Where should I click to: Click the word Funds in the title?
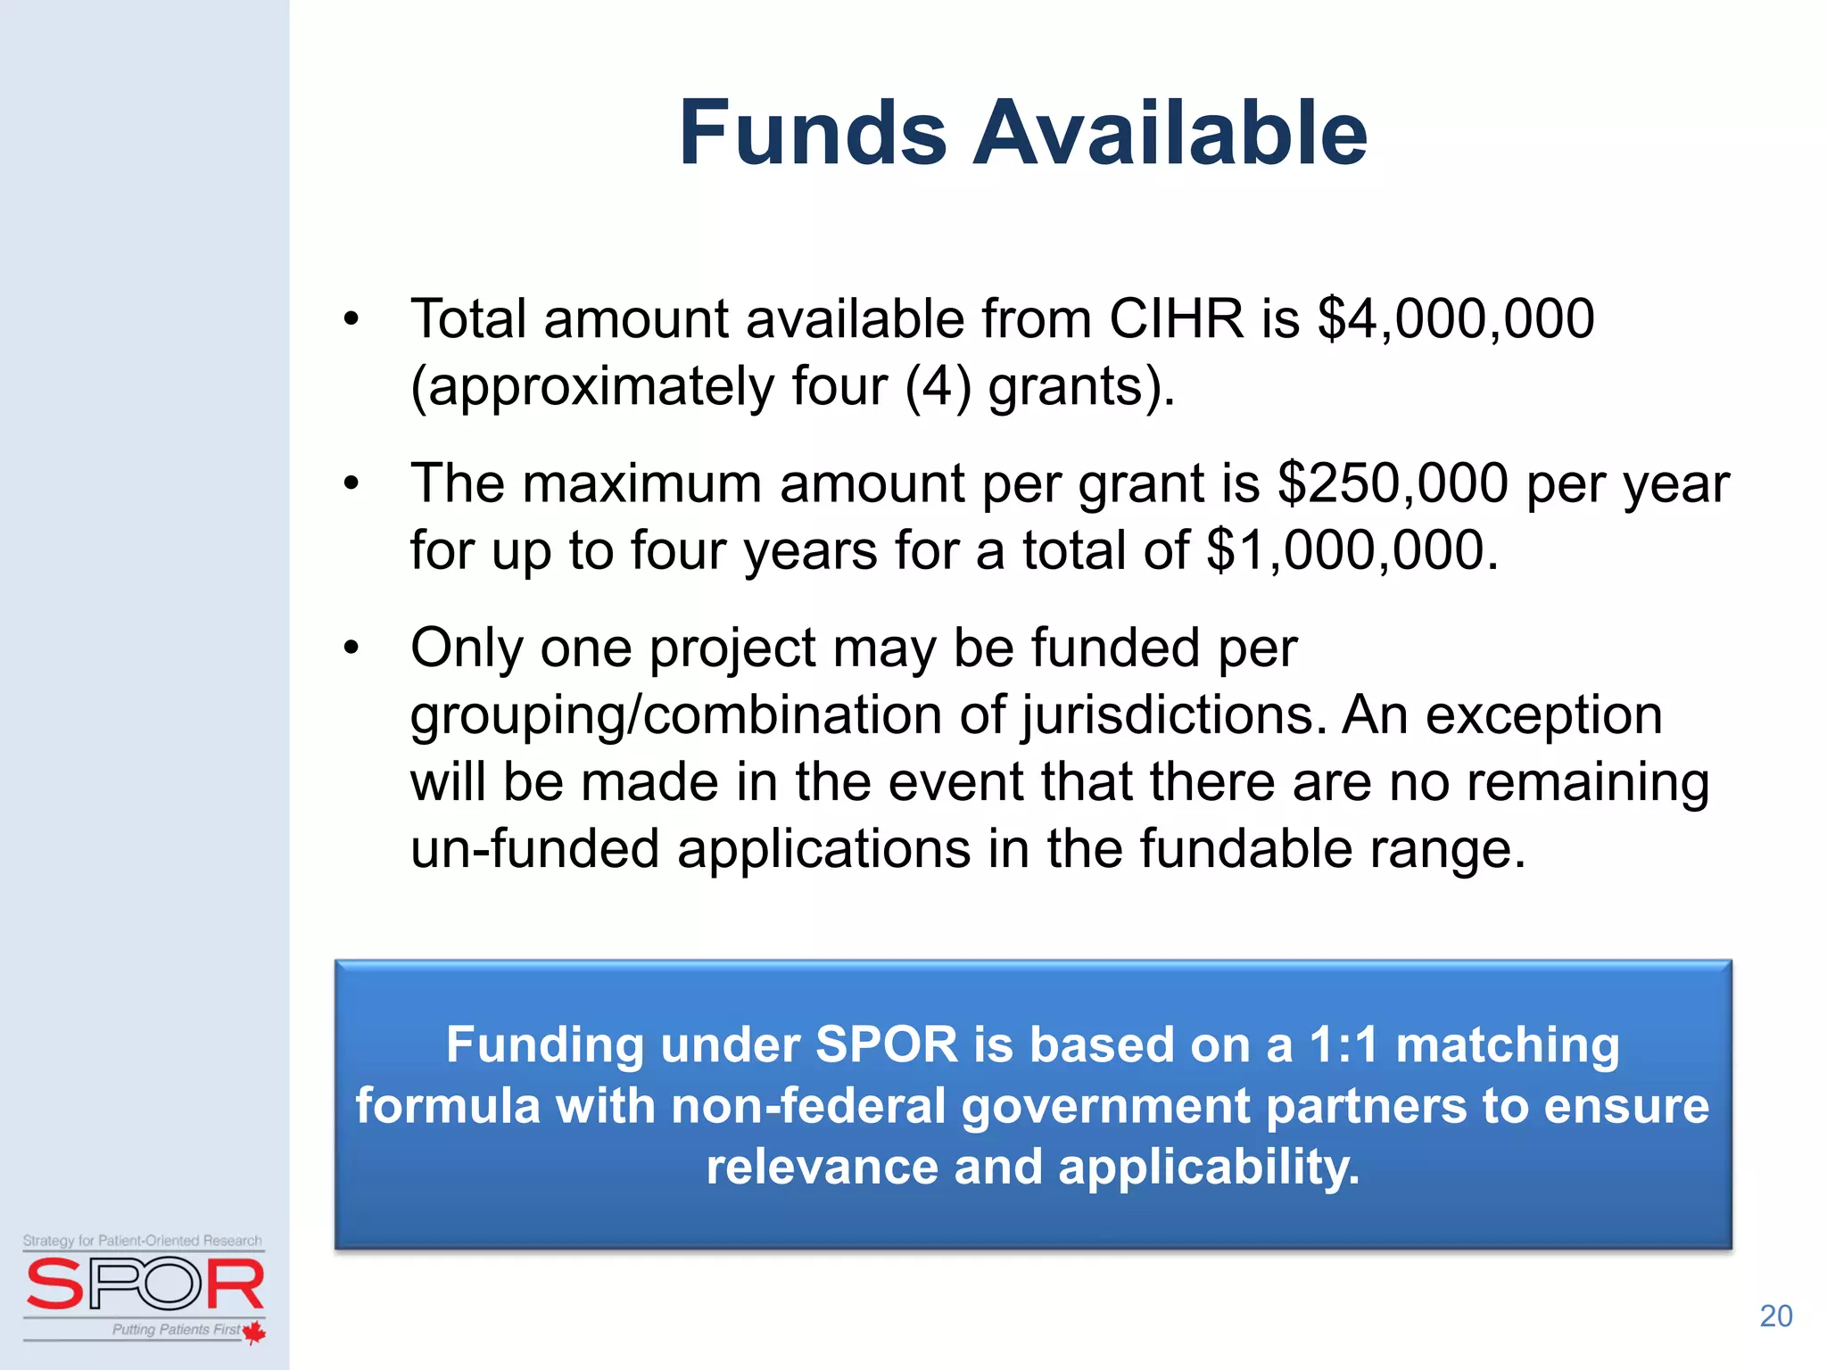(x=812, y=134)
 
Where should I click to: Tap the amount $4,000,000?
(x=1455, y=318)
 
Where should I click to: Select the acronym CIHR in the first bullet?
(x=1176, y=318)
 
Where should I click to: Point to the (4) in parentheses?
(x=937, y=387)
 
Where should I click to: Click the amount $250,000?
(x=1393, y=483)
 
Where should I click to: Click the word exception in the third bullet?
(x=1543, y=715)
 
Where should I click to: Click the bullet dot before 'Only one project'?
(x=351, y=648)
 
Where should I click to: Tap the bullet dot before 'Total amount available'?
(x=351, y=319)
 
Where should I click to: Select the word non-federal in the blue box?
(x=807, y=1106)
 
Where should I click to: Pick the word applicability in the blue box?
(x=1209, y=1167)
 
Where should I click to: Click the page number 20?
(x=1775, y=1316)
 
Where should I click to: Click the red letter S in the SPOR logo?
(x=54, y=1283)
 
